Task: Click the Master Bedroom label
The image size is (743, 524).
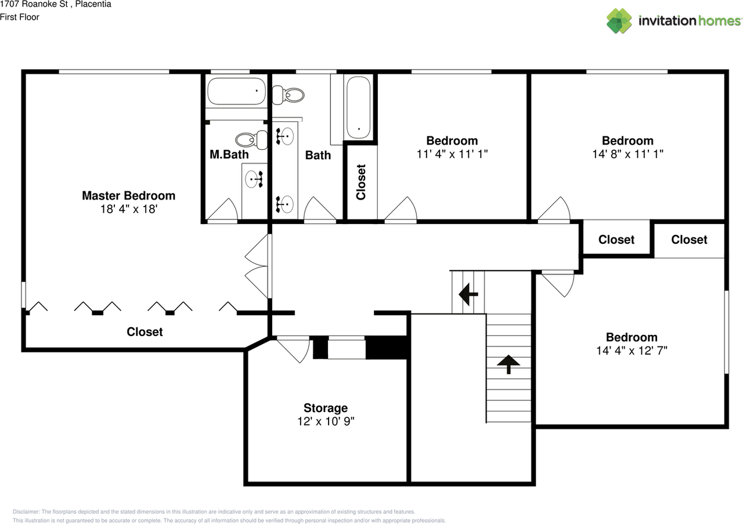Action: (x=129, y=196)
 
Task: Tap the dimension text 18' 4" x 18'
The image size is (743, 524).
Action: (x=129, y=209)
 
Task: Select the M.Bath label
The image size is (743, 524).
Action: (x=229, y=154)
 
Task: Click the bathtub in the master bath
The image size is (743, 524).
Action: (x=236, y=91)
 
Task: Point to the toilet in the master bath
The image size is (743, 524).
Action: (x=252, y=140)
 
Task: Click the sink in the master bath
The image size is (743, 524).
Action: (x=254, y=179)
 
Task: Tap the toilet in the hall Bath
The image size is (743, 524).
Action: (x=288, y=95)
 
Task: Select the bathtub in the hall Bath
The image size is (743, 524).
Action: (x=358, y=108)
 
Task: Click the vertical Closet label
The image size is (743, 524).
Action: (x=361, y=182)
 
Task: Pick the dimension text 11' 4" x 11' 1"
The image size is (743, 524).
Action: (x=452, y=154)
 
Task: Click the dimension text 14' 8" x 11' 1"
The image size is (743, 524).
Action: (x=627, y=154)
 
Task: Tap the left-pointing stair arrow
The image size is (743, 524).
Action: (x=468, y=294)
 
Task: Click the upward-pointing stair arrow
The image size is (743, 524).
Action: (x=508, y=364)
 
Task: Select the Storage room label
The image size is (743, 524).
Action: (x=326, y=408)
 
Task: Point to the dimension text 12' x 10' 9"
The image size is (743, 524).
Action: (x=326, y=421)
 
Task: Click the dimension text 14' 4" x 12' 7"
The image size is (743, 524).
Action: (x=632, y=351)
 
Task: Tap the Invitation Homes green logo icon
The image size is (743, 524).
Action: (x=619, y=21)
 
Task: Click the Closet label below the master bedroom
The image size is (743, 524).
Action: (x=145, y=332)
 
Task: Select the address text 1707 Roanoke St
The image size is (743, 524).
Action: (x=34, y=4)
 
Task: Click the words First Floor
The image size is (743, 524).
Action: (x=20, y=17)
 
